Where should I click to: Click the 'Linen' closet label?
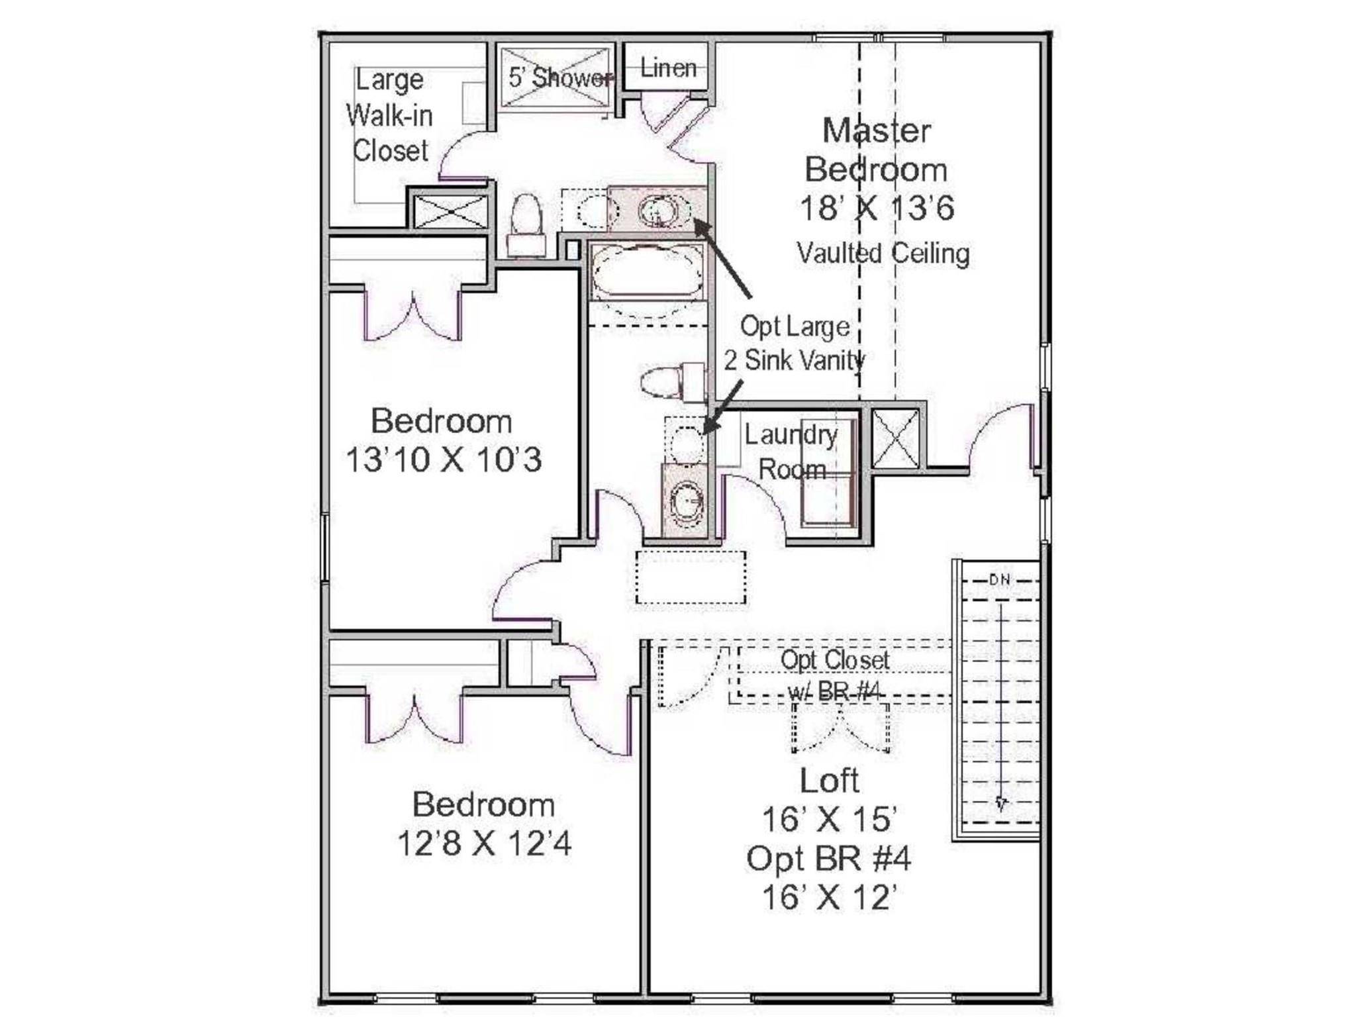pyautogui.click(x=668, y=68)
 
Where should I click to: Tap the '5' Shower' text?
pyautogui.click(x=560, y=78)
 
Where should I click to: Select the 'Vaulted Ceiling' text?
pyautogui.click(x=883, y=254)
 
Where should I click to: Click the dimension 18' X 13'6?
pyautogui.click(x=877, y=209)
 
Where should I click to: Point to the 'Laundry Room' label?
pyautogui.click(x=791, y=452)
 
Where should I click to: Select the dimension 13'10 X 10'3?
pyautogui.click(x=444, y=460)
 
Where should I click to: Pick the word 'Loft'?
pyautogui.click(x=829, y=781)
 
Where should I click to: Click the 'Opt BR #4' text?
pyautogui.click(x=828, y=859)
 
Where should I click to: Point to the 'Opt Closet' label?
pyautogui.click(x=834, y=660)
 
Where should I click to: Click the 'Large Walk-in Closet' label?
pyautogui.click(x=390, y=116)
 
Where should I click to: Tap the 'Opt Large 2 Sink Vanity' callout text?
pyautogui.click(x=795, y=344)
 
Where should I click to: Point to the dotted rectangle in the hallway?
pyautogui.click(x=691, y=577)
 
